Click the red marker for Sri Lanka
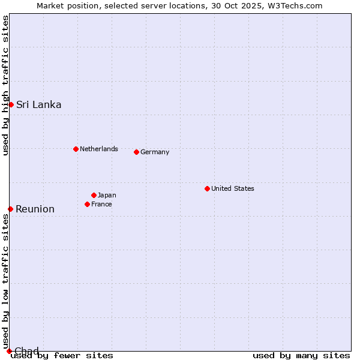tap(11, 105)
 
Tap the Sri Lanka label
tap(38, 105)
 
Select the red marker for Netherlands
tap(76, 149)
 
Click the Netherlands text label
tap(99, 149)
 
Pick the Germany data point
tap(136, 152)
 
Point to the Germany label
tap(155, 152)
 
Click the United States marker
tap(207, 188)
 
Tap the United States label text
tap(233, 188)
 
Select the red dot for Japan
tap(94, 195)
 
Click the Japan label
tap(107, 195)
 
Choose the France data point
tap(87, 204)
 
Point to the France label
tap(101, 204)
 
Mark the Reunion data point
tap(10, 209)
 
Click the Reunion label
tap(35, 209)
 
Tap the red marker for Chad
tap(9, 351)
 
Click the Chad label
tap(26, 351)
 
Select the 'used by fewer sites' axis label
tap(62, 356)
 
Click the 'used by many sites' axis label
tap(301, 356)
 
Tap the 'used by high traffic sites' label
tap(5, 85)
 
